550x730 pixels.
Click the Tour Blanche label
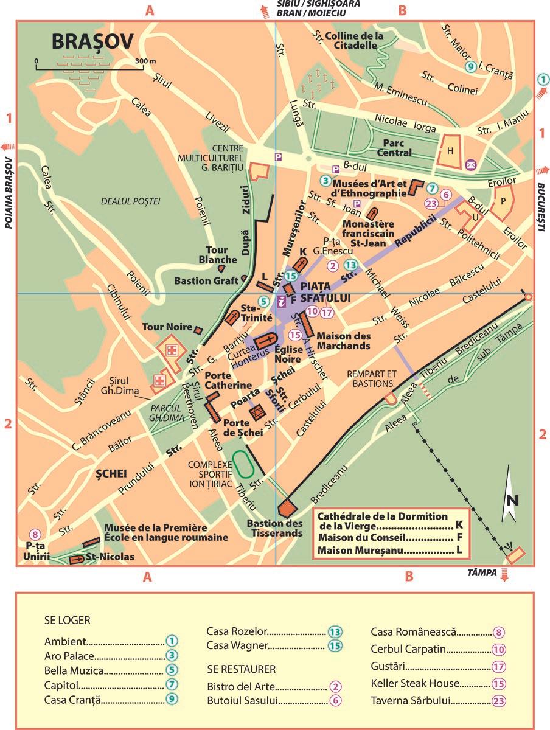coord(213,255)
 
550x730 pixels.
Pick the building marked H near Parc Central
coord(450,150)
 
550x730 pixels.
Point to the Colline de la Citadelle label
coord(355,40)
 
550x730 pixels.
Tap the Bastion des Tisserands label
coord(275,528)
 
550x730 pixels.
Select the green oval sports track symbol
coord(244,464)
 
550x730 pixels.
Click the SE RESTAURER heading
coord(241,669)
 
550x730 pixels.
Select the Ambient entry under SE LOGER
coord(65,641)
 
